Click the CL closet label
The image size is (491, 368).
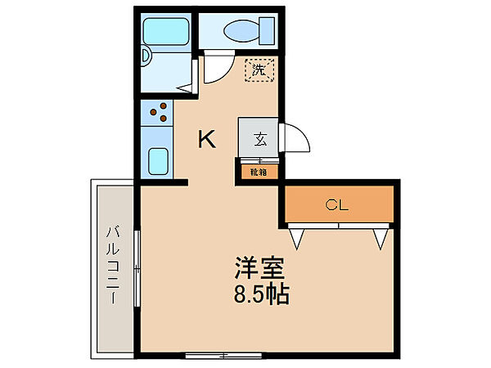[x=336, y=204]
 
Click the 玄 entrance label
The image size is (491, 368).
[x=259, y=139]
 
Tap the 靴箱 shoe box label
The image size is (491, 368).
[x=258, y=172]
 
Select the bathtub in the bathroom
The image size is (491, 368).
[x=166, y=32]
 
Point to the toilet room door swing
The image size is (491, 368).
[x=215, y=69]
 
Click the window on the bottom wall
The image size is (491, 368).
[x=218, y=356]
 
